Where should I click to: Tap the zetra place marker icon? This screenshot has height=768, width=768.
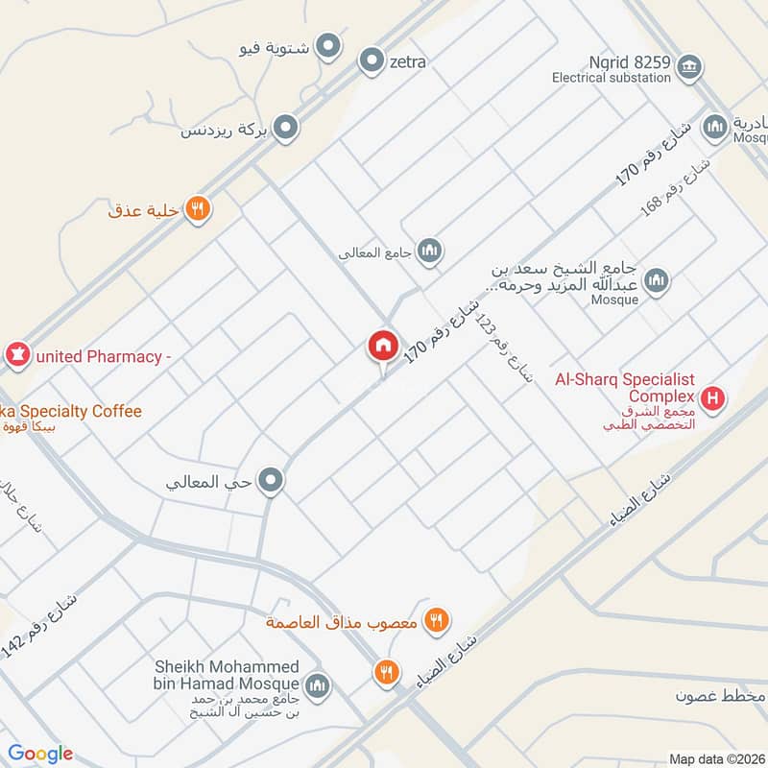[372, 61]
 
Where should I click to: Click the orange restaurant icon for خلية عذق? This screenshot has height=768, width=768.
[198, 207]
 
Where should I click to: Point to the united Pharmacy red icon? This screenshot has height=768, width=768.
[17, 356]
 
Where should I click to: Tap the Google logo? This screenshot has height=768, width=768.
[40, 754]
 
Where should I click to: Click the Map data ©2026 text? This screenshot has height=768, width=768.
[715, 759]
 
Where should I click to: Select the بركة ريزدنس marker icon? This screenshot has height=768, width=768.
[285, 127]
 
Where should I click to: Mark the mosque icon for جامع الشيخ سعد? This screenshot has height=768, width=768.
[657, 280]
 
